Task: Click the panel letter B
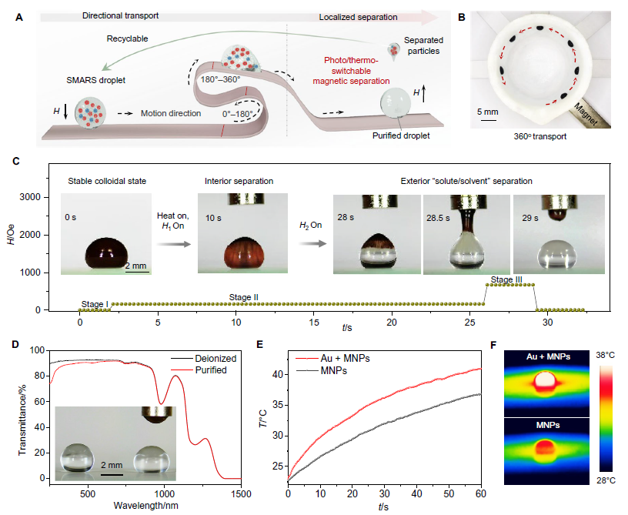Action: [x=462, y=18]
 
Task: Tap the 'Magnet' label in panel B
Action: [x=586, y=114]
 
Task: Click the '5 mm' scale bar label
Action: [x=487, y=112]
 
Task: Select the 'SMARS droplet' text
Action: [x=95, y=80]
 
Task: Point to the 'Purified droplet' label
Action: [x=401, y=135]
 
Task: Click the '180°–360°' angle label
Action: [x=220, y=79]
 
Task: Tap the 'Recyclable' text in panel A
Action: [x=127, y=38]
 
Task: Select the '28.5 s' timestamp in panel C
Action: [x=438, y=219]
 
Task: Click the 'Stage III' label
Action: [x=506, y=279]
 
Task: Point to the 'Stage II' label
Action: [x=243, y=297]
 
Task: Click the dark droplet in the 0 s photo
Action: [x=106, y=253]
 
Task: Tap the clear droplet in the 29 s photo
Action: [x=557, y=254]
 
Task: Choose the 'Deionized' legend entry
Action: [x=215, y=359]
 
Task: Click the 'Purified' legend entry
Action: [x=211, y=370]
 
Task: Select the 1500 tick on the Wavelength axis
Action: [x=241, y=494]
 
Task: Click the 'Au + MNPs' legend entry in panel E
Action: [x=346, y=359]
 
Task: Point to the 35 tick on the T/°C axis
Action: [x=278, y=405]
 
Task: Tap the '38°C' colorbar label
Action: [x=605, y=356]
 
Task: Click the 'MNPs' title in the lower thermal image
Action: [x=547, y=425]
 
